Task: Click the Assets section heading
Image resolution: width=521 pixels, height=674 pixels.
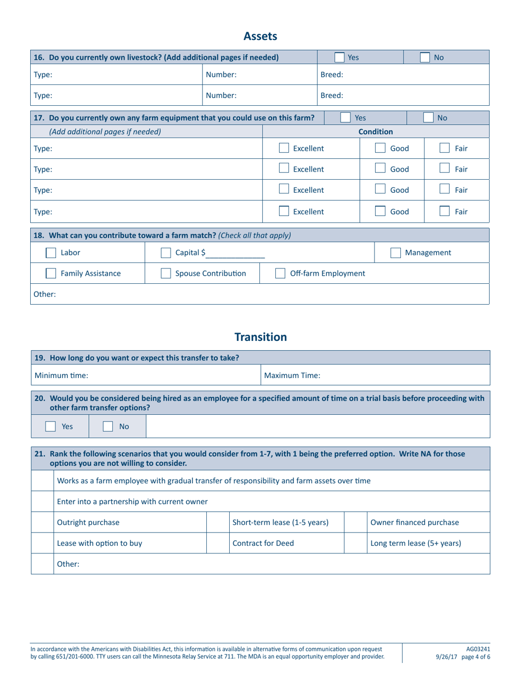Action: (260, 36)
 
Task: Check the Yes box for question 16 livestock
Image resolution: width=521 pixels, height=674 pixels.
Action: (339, 57)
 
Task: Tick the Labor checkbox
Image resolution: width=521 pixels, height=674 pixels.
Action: (50, 253)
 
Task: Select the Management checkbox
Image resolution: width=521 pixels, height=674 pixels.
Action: (395, 253)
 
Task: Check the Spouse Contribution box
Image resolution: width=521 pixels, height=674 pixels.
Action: (165, 273)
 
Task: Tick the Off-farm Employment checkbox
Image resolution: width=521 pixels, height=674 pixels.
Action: (280, 273)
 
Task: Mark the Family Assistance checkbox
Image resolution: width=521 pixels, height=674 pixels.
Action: (50, 273)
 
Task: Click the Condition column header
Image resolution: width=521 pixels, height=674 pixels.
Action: (376, 132)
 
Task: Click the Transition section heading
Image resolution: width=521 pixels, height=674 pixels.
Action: (260, 337)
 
